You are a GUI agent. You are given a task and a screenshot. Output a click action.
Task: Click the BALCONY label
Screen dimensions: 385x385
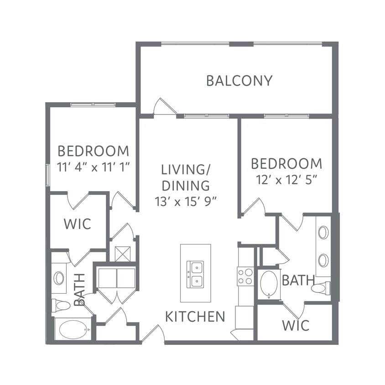click(x=239, y=81)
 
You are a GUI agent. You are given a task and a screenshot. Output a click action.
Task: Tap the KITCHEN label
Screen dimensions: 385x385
click(x=195, y=317)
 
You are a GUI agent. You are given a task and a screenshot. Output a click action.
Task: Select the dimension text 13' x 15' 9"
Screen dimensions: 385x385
click(x=186, y=202)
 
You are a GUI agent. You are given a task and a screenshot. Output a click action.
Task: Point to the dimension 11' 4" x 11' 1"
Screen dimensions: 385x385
click(x=94, y=167)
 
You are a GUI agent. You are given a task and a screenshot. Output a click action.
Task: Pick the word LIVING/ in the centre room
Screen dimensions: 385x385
click(x=185, y=170)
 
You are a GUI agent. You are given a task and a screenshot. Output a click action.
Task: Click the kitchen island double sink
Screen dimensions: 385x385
click(x=195, y=274)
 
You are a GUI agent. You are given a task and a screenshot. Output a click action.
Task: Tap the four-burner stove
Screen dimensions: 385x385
click(x=245, y=276)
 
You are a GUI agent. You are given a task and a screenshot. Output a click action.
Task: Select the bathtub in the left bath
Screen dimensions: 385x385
click(x=73, y=329)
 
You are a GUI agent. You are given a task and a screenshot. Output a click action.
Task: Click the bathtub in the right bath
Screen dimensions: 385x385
click(x=269, y=284)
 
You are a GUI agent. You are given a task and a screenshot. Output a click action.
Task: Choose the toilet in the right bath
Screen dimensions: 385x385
click(x=321, y=288)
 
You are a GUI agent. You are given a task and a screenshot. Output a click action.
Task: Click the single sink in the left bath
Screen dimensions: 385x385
click(x=59, y=278)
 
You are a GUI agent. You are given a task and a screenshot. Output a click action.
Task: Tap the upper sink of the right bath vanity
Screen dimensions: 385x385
click(x=323, y=232)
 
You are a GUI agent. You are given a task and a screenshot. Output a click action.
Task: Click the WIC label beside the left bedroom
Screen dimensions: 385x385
click(x=78, y=224)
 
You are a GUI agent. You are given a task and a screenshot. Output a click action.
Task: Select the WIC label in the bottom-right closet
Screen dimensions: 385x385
click(x=296, y=325)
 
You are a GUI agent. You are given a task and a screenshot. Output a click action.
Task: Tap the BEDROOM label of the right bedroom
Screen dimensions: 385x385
click(x=286, y=164)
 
